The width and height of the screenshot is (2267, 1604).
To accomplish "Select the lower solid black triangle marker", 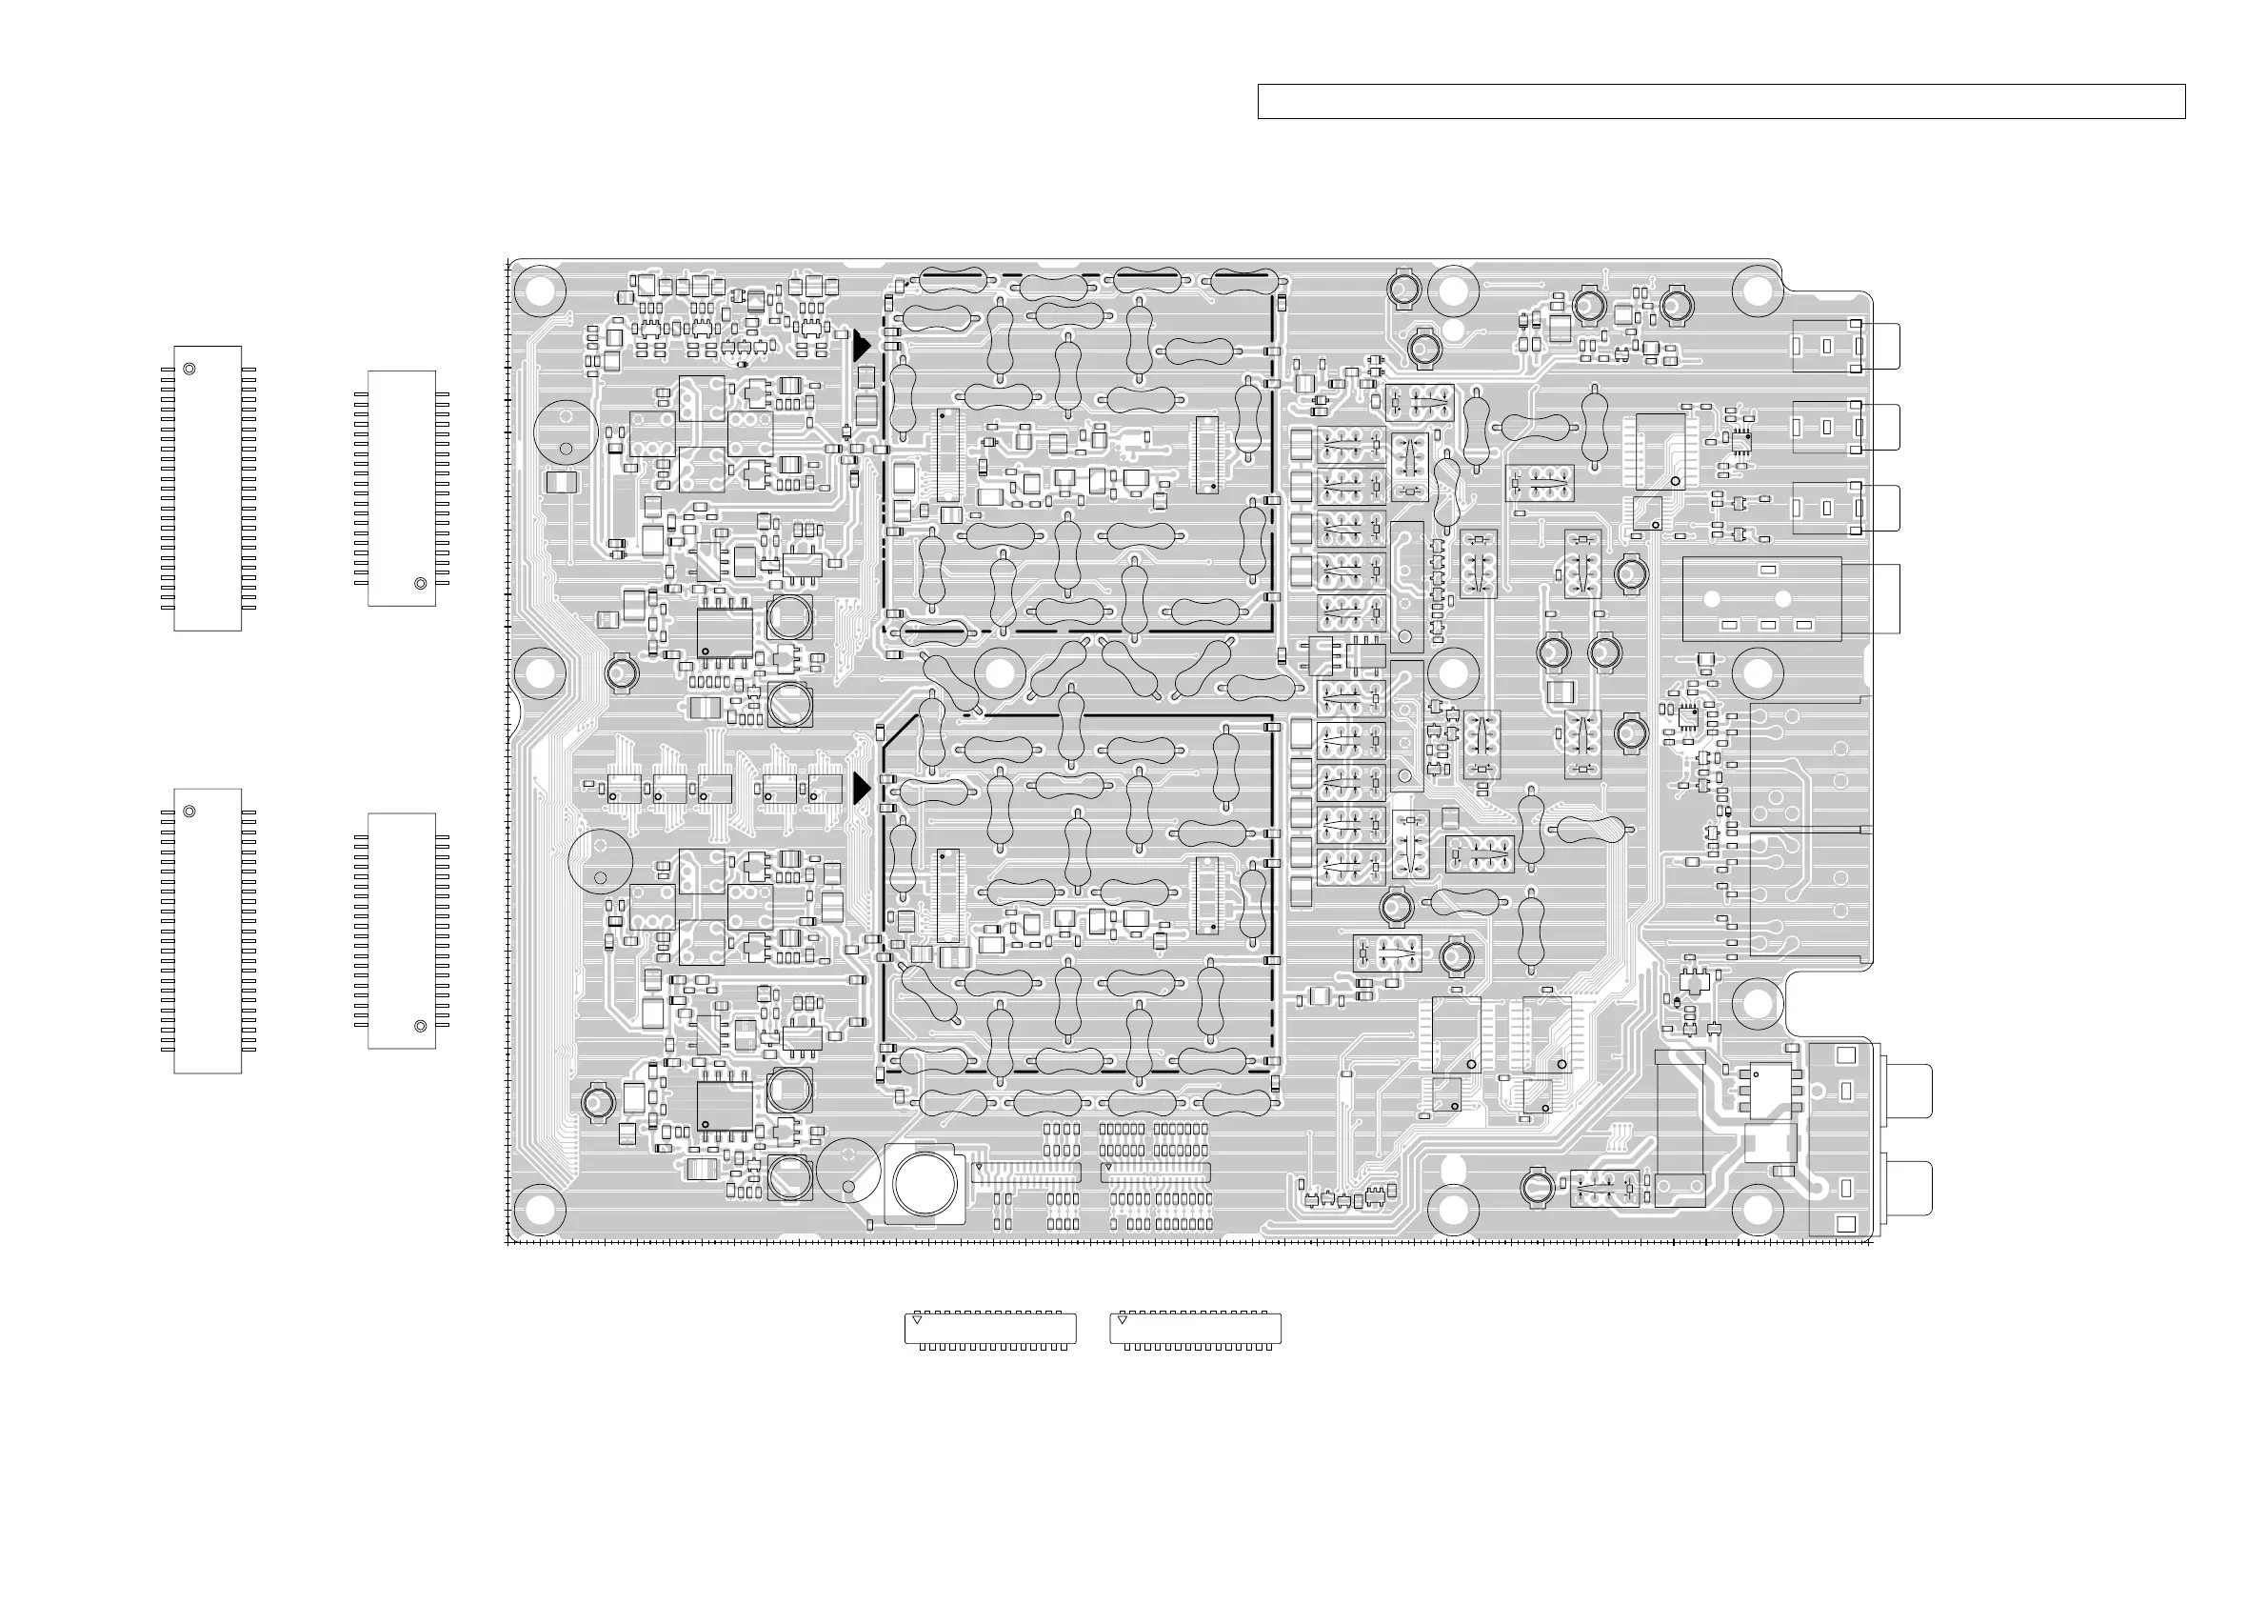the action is (x=861, y=788).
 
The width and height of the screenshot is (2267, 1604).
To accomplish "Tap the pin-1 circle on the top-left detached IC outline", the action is (x=189, y=369).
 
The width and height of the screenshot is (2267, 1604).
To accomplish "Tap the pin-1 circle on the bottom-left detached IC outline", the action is (x=189, y=811).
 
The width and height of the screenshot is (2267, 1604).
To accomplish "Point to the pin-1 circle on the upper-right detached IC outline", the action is (x=421, y=584).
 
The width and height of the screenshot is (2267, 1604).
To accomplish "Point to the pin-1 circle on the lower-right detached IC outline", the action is (x=421, y=1026).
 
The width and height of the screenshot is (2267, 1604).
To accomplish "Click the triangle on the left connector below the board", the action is (x=916, y=1319).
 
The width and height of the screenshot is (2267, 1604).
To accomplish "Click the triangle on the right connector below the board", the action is (x=1122, y=1319).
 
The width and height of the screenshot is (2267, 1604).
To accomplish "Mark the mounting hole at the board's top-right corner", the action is (x=1757, y=291).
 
